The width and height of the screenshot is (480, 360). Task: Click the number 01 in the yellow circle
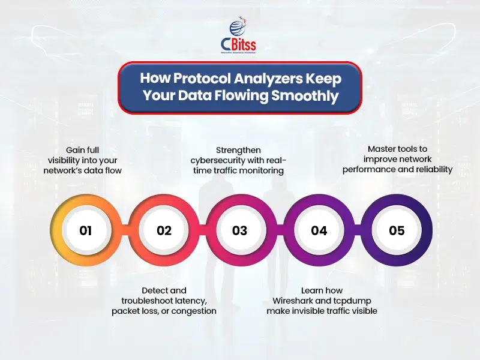[85, 230]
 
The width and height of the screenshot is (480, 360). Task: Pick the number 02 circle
[164, 230]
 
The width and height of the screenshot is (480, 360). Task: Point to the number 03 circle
[239, 230]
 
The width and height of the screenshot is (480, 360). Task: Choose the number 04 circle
[319, 230]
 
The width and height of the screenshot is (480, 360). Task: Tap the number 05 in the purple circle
[397, 230]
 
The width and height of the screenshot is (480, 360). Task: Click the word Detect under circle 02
[155, 290]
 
